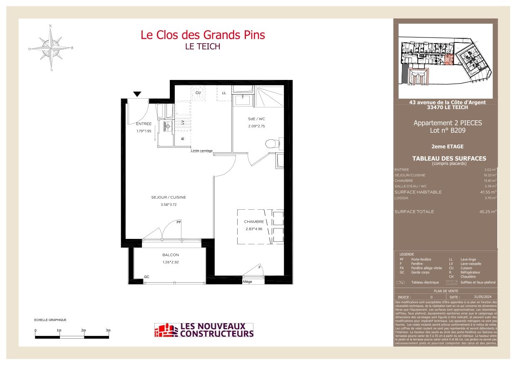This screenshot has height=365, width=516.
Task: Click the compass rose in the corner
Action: (51, 48)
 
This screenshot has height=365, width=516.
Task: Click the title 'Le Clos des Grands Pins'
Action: (203, 35)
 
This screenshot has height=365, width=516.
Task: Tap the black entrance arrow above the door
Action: (137, 94)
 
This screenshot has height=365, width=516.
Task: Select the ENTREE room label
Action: (144, 124)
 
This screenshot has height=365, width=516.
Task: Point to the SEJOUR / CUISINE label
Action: (169, 197)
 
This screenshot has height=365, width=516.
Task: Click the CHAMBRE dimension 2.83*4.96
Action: (253, 228)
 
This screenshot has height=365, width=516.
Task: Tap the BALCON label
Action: (171, 255)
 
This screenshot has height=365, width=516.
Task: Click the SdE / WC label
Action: (257, 119)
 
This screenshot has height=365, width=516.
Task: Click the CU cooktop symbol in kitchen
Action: (198, 93)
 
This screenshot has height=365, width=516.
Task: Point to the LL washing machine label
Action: (224, 93)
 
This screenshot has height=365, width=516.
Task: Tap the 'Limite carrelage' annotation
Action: (202, 151)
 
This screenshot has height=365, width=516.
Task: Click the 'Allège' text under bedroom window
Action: (247, 282)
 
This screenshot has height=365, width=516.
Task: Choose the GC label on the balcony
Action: (146, 276)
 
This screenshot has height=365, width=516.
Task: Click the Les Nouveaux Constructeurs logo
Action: (204, 330)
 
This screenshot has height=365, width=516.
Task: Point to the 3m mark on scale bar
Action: (108, 330)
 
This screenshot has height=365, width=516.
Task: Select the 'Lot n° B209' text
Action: (447, 130)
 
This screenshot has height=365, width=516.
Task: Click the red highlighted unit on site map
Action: (448, 60)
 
